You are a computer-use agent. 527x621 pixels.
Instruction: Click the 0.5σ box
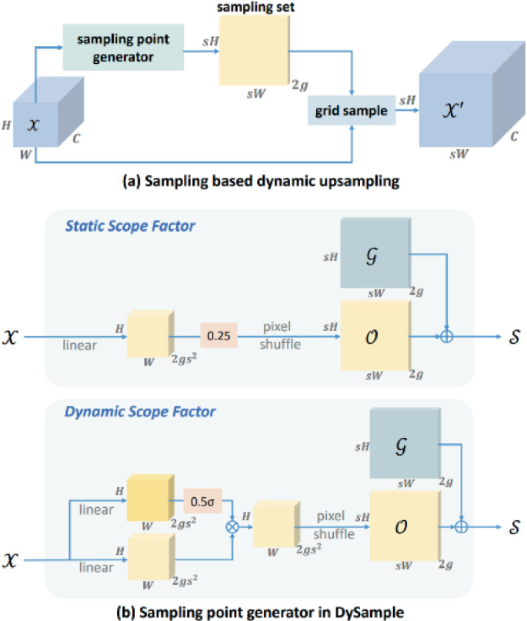202,502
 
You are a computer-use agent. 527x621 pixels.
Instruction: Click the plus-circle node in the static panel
445,335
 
